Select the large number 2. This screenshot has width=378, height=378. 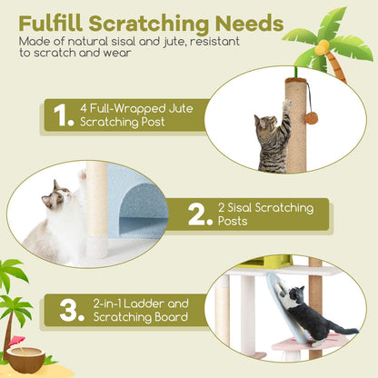click(199, 214)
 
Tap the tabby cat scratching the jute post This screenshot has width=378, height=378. click(274, 140)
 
